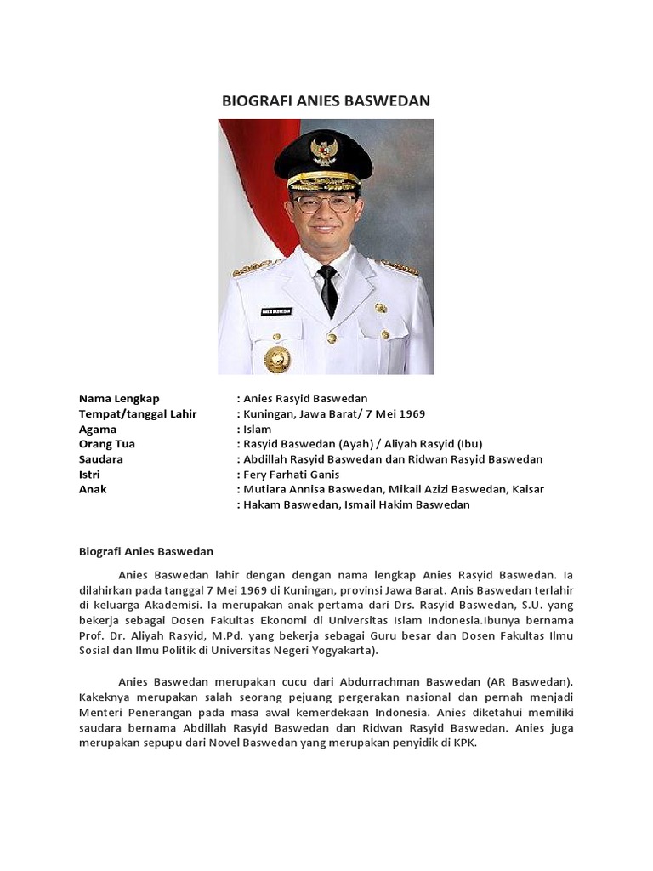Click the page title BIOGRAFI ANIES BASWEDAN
(326, 101)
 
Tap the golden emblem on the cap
(324, 152)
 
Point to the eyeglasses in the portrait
(325, 204)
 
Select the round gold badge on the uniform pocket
(277, 358)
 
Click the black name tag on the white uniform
(276, 312)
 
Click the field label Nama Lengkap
(119, 398)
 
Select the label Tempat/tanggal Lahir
(138, 413)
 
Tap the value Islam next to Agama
(257, 429)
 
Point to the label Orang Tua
(107, 444)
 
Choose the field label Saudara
(101, 459)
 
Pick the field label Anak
(93, 490)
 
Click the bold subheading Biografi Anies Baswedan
(146, 551)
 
